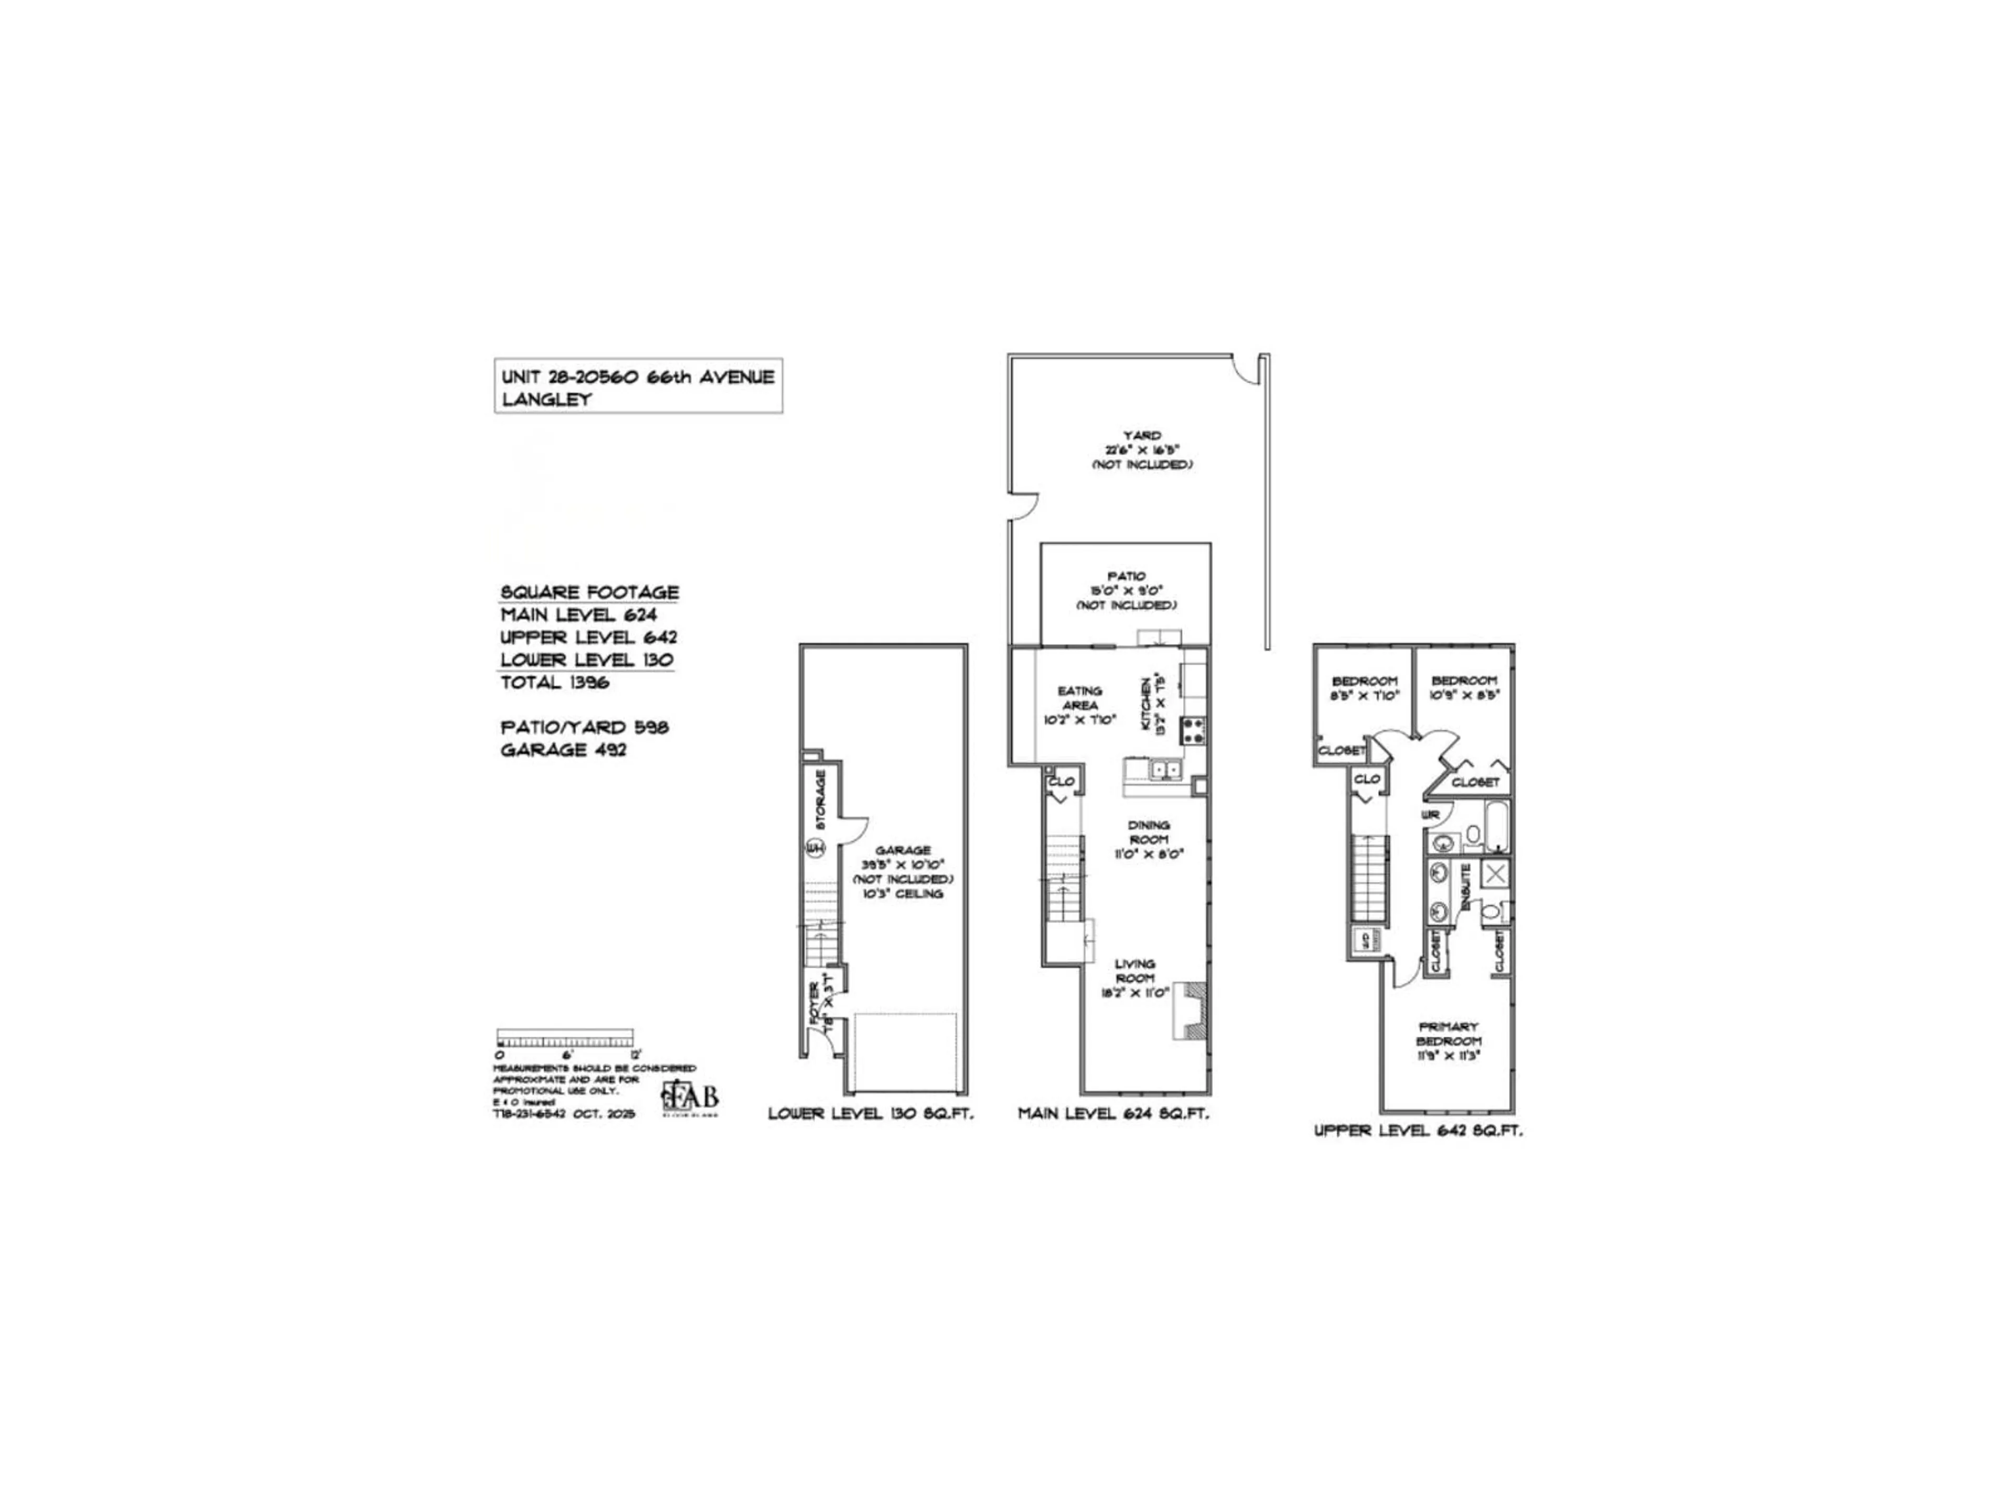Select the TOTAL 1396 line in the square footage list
pos(554,683)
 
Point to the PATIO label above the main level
pos(1126,576)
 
